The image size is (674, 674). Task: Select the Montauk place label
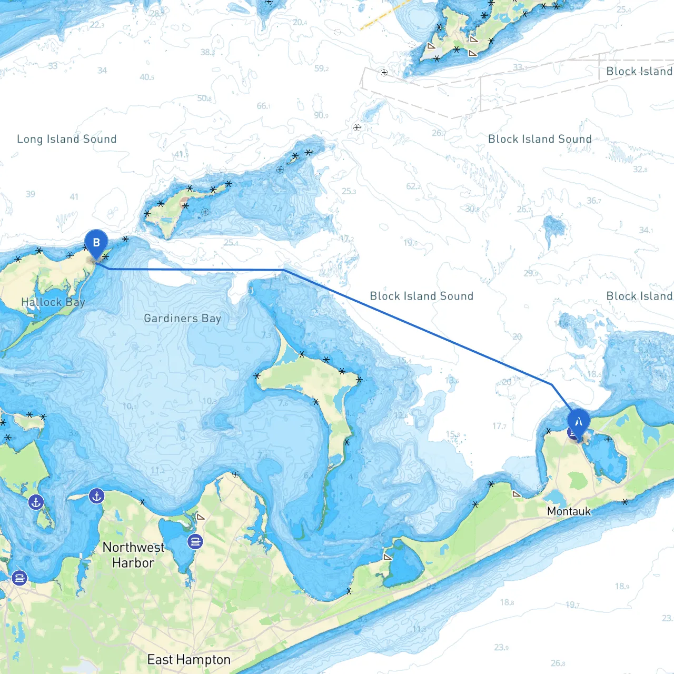click(569, 511)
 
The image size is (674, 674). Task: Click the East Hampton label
click(189, 660)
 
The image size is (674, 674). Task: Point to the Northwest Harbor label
click(133, 555)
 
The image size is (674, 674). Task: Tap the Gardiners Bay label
click(182, 318)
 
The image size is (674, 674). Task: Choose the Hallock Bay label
click(53, 302)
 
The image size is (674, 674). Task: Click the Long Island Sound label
click(67, 139)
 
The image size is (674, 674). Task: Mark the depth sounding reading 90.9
click(321, 115)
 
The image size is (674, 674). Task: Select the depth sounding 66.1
click(264, 106)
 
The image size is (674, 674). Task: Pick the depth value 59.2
click(321, 68)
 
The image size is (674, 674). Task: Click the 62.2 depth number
click(413, 186)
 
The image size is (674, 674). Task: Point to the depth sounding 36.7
click(594, 201)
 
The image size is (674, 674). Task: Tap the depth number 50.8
click(204, 98)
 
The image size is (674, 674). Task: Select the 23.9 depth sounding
click(501, 647)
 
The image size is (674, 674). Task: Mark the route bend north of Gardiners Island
click(284, 270)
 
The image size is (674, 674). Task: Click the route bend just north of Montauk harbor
click(552, 385)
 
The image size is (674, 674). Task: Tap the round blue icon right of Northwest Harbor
click(195, 541)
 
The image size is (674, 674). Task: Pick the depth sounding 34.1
click(646, 230)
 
